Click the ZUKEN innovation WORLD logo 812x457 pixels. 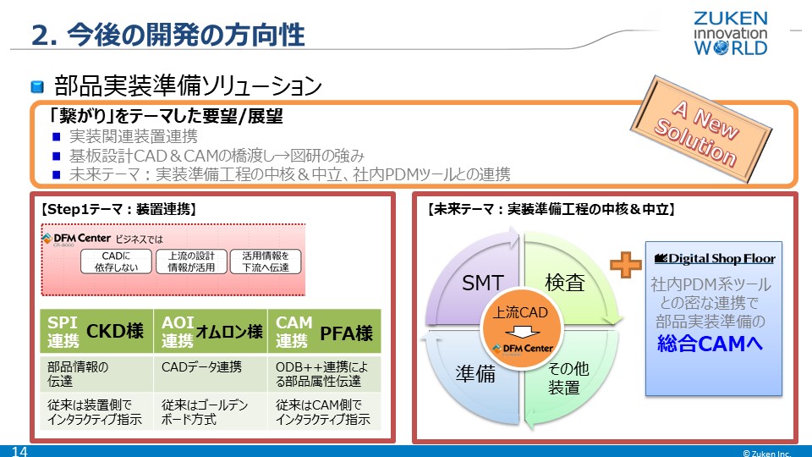tap(731, 33)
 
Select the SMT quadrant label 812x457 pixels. tap(483, 284)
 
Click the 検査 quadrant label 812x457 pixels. tap(564, 284)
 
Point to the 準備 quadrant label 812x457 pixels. tap(475, 374)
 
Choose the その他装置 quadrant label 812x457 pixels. tap(564, 378)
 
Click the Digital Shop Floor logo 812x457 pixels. tap(716, 258)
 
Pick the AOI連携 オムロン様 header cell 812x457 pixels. tap(211, 332)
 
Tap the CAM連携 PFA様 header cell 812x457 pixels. tap(325, 332)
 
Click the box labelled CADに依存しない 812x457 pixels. tap(116, 262)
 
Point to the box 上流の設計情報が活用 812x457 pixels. tap(190, 262)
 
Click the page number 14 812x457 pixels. tap(19, 452)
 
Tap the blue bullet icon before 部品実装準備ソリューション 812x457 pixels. tap(37, 86)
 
